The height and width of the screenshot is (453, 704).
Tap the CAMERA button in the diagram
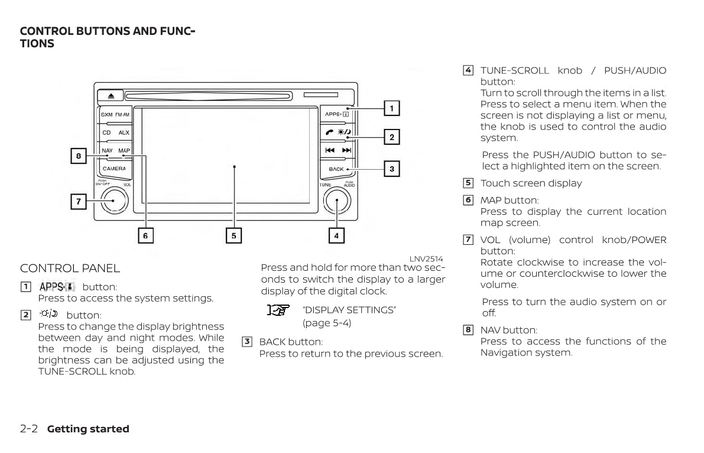click(114, 169)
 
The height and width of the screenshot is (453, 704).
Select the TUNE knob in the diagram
click(338, 201)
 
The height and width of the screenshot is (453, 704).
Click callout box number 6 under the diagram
click(145, 235)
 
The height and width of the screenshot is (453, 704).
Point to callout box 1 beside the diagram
click(391, 108)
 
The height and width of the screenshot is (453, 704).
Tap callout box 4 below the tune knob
click(336, 235)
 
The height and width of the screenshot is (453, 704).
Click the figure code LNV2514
click(426, 259)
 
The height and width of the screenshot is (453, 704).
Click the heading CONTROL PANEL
click(70, 268)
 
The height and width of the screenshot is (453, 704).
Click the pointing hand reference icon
click(277, 310)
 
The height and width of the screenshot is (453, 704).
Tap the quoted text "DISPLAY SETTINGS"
click(349, 310)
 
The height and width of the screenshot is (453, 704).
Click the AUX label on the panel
click(124, 133)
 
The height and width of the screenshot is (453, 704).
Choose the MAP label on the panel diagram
click(124, 151)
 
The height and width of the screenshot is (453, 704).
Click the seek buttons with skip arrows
click(338, 150)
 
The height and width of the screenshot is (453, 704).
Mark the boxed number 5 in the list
click(468, 183)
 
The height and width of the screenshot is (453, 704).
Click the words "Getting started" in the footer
click(88, 429)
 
